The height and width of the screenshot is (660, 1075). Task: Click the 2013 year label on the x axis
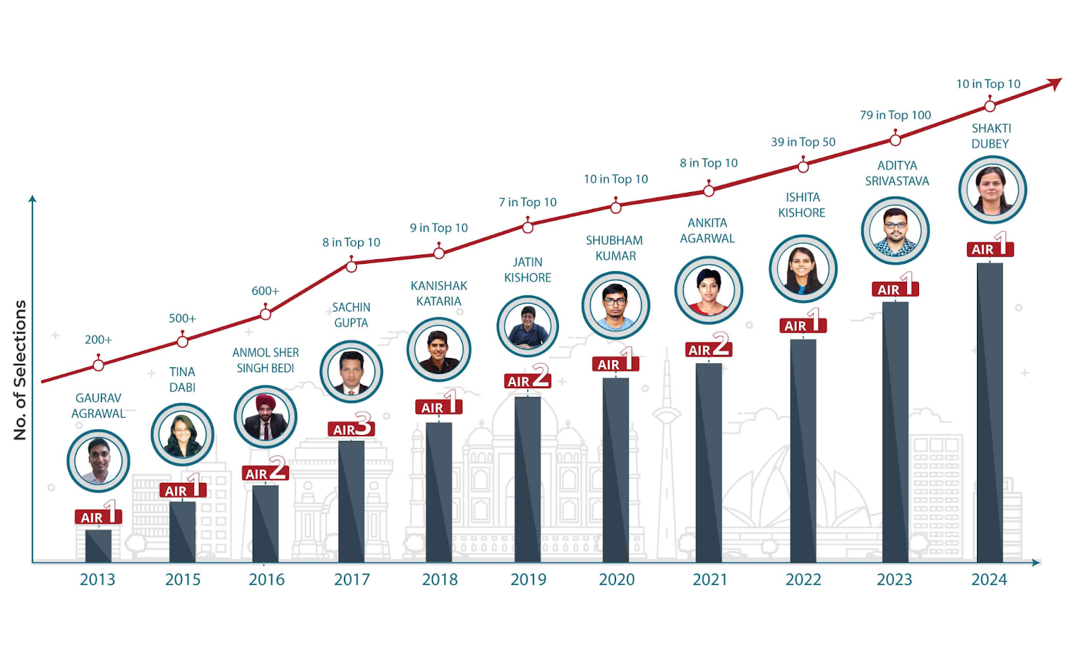(x=97, y=579)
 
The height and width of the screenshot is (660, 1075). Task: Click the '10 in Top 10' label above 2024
(x=988, y=84)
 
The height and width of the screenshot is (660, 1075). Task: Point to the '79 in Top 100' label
(x=896, y=115)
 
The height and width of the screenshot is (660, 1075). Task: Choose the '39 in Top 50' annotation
(x=804, y=142)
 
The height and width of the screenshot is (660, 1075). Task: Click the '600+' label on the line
(x=265, y=291)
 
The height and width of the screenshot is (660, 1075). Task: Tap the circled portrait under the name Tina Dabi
(x=182, y=434)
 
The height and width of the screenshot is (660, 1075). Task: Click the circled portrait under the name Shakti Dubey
(x=992, y=189)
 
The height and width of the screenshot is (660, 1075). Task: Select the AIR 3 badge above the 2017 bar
(x=351, y=427)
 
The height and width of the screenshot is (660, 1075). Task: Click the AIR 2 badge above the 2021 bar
(x=708, y=348)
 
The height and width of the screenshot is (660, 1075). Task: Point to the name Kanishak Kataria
(x=439, y=293)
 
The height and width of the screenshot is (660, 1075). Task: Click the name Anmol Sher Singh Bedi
(x=265, y=360)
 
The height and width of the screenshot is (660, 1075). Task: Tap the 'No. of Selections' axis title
(x=20, y=370)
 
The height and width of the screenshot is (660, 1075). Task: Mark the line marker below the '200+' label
(x=99, y=365)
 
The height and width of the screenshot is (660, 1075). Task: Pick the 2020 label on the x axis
(x=617, y=579)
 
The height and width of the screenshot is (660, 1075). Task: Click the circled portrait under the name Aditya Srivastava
(x=895, y=230)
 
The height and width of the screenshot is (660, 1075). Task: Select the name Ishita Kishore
(x=802, y=205)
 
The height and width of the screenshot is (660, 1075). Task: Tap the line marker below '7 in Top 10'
(x=528, y=228)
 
